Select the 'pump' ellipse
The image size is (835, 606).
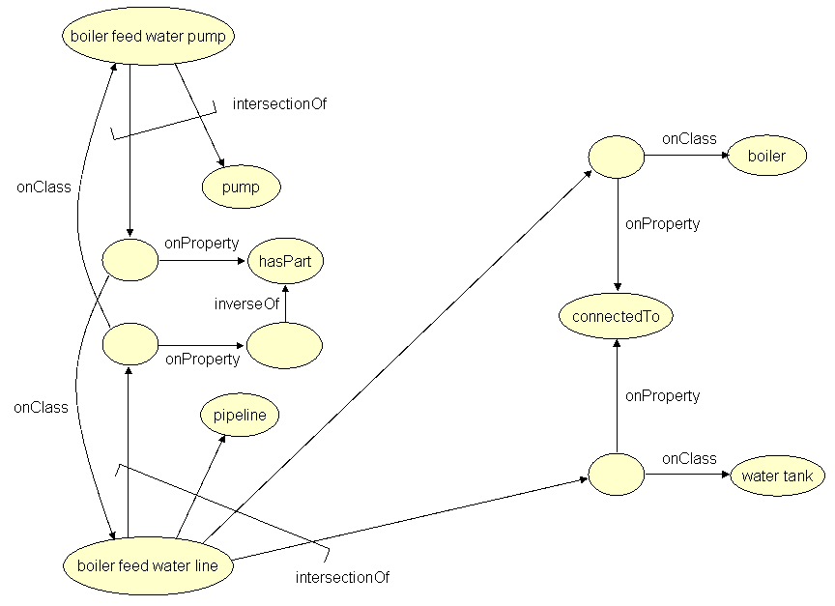click(x=241, y=188)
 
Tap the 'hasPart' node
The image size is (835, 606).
click(x=285, y=261)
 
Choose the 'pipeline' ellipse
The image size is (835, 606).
click(x=240, y=416)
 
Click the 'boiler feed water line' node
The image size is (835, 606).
click(x=147, y=565)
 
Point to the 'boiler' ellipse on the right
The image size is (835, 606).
click(x=766, y=156)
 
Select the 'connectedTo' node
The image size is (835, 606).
click(x=617, y=316)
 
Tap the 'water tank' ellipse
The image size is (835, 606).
click(x=777, y=476)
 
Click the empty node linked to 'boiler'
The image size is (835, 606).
click(x=617, y=157)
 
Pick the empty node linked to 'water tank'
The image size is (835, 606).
click(x=616, y=476)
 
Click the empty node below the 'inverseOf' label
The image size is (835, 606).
click(x=285, y=345)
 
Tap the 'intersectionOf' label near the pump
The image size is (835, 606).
click(x=279, y=103)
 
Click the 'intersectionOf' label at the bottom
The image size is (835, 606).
click(x=342, y=578)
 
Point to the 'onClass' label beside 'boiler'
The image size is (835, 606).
click(x=689, y=138)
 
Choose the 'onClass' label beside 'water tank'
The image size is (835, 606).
click(x=689, y=458)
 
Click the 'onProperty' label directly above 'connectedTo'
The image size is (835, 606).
click(x=662, y=223)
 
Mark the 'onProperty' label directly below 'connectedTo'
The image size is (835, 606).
click(x=662, y=395)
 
